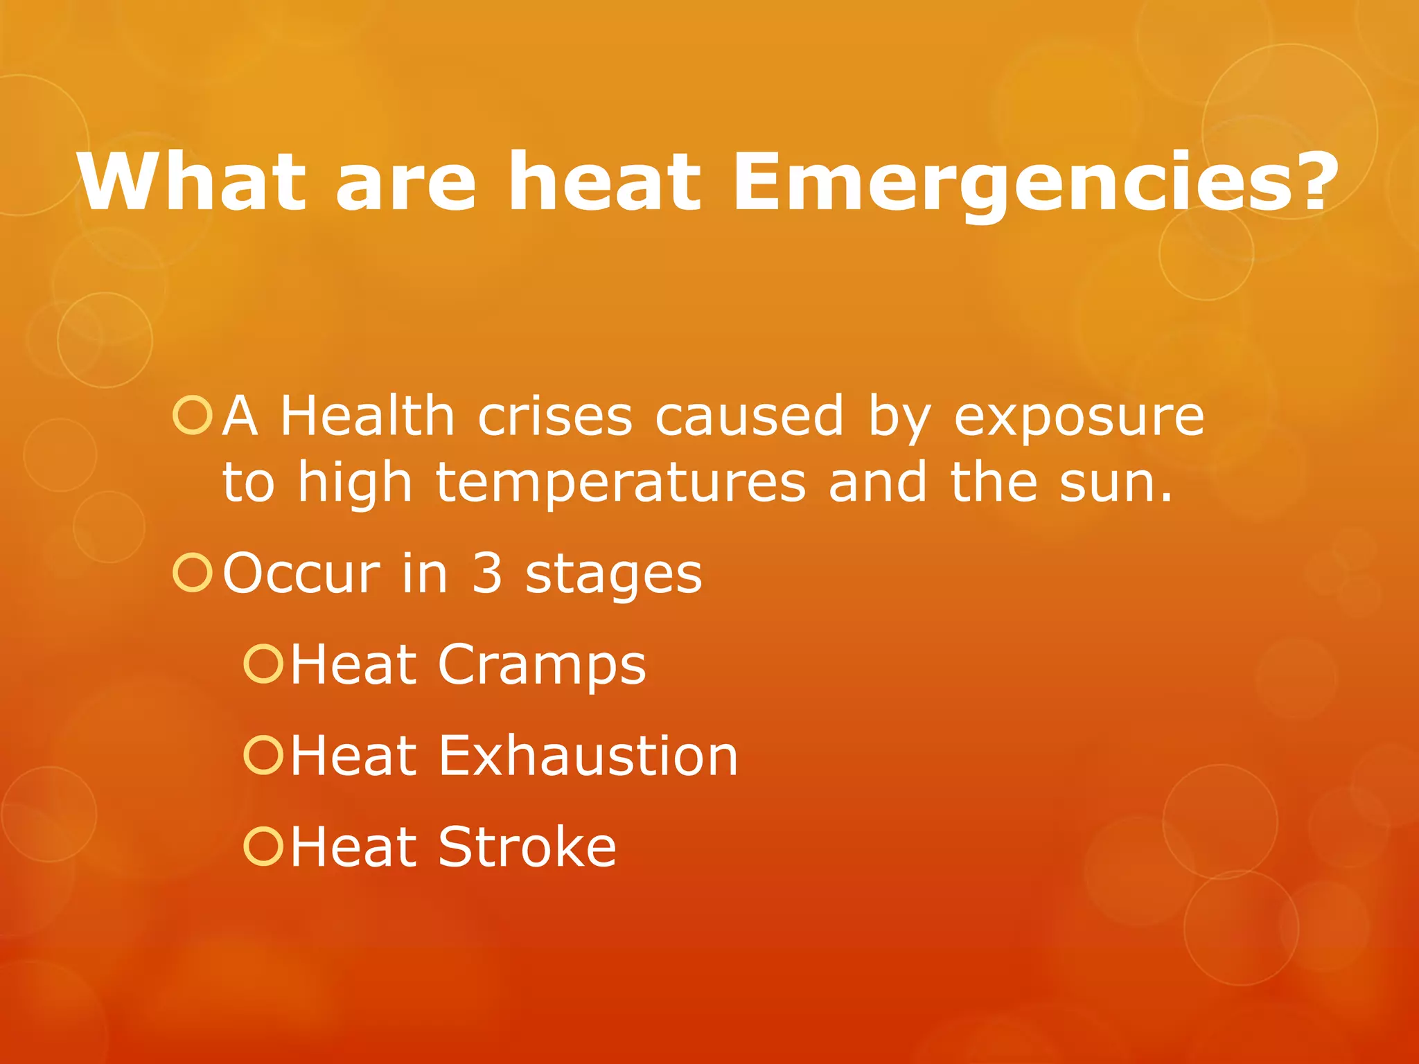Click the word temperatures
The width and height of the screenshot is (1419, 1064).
point(621,484)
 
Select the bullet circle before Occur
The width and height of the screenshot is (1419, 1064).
point(192,573)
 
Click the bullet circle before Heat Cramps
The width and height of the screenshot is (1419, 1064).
point(263,664)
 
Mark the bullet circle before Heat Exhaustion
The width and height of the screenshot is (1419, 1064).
point(263,754)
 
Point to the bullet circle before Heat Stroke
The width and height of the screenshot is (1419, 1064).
point(263,846)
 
